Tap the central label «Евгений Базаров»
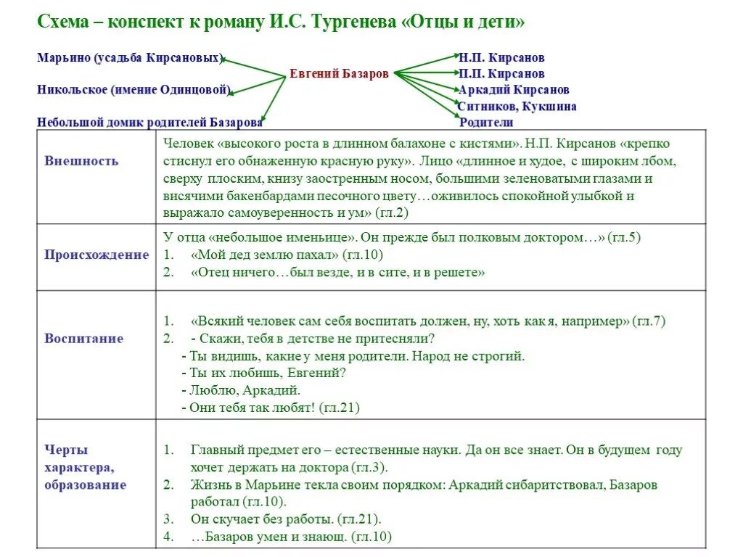click(339, 73)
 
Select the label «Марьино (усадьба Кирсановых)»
click(130, 58)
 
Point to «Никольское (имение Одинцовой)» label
click(134, 90)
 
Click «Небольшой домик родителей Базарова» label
click(149, 122)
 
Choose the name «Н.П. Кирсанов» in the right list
click(501, 57)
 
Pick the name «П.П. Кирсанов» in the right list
click(501, 73)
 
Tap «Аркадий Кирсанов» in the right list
click(514, 90)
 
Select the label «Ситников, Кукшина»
click(517, 107)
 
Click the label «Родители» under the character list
click(486, 123)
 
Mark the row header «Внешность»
click(81, 161)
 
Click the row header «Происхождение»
click(96, 255)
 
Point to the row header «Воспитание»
click(84, 339)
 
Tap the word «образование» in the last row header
click(85, 485)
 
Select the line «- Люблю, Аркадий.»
click(240, 390)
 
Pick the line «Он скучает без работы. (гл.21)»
click(286, 519)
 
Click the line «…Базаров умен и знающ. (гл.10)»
click(291, 537)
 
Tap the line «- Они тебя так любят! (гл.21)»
click(271, 408)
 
